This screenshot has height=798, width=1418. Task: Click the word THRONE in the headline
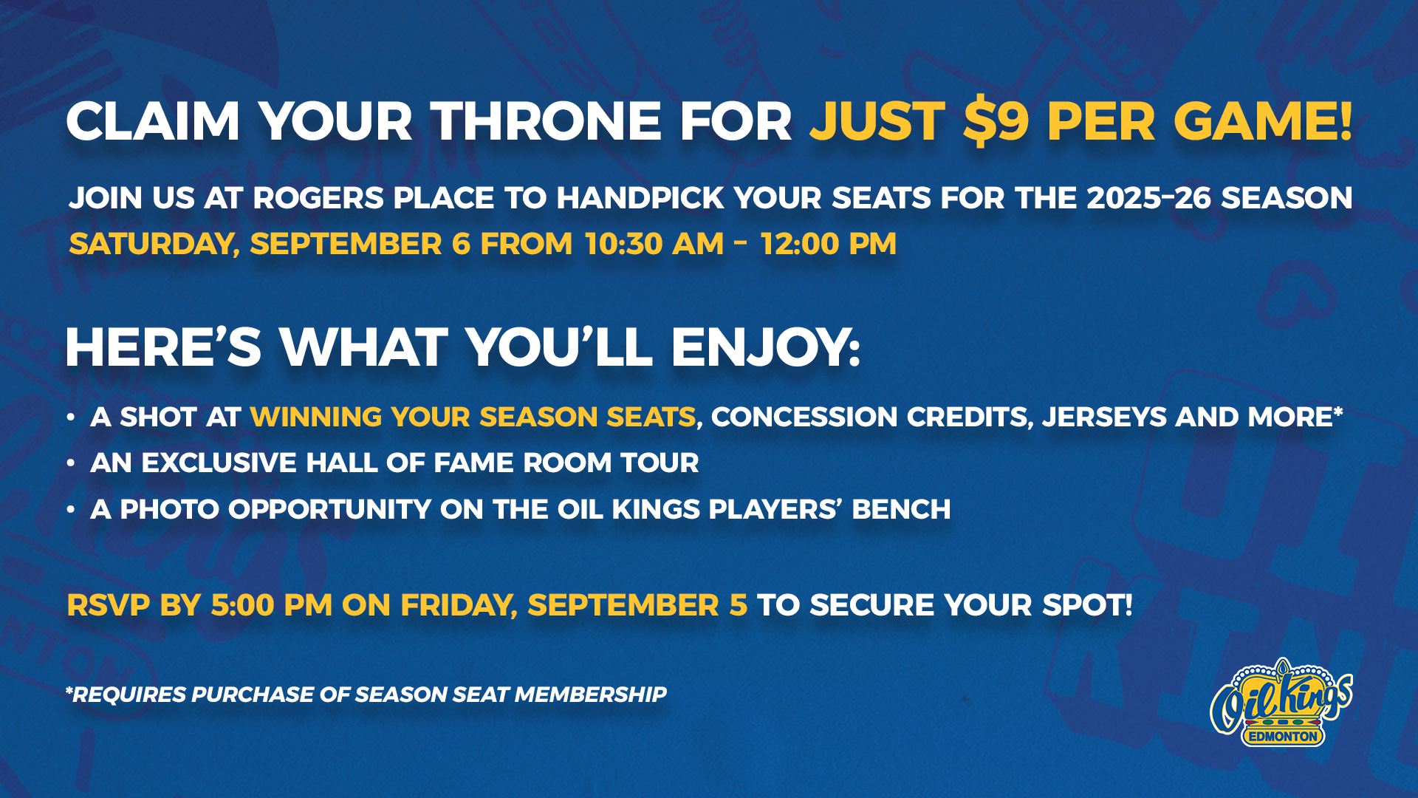click(547, 121)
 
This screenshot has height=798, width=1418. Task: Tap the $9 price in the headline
click(996, 121)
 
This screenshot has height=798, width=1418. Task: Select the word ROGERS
click(319, 198)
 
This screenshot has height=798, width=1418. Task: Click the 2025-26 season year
click(1148, 198)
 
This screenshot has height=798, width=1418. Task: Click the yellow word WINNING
click(315, 417)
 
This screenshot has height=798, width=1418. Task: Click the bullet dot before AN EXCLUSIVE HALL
click(71, 463)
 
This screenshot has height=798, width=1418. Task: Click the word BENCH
click(901, 509)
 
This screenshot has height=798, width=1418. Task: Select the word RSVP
click(109, 605)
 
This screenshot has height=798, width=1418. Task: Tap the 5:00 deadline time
click(242, 605)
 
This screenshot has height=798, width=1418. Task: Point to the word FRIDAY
click(459, 606)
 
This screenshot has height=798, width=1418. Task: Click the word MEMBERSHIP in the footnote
click(590, 695)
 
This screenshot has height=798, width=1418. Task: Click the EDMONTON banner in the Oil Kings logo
click(1283, 737)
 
